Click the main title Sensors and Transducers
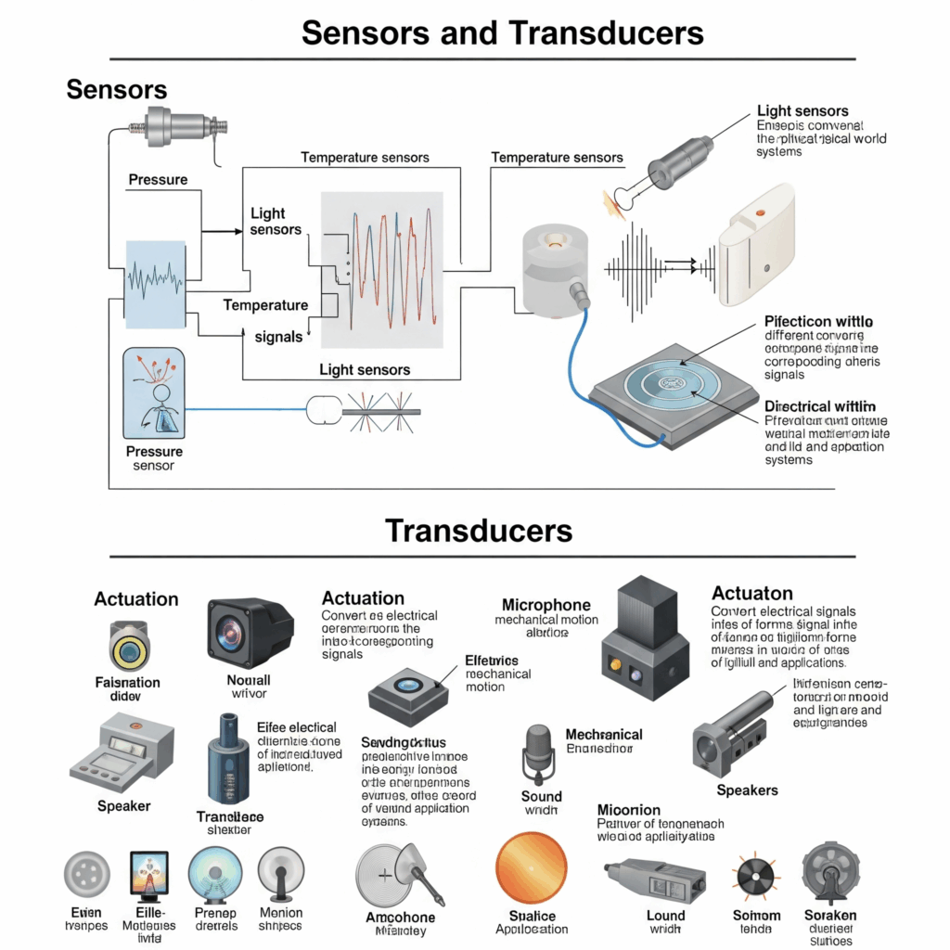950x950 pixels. click(502, 32)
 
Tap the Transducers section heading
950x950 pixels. click(478, 531)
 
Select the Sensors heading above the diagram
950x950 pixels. click(117, 89)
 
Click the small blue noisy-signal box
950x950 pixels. click(157, 284)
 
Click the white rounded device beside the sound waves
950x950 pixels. click(759, 245)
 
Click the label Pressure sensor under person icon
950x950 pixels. click(154, 458)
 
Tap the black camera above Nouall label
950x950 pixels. click(249, 633)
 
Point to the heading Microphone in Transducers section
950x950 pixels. click(546, 606)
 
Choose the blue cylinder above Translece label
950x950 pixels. click(228, 760)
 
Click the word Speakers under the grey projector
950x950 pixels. click(747, 790)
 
